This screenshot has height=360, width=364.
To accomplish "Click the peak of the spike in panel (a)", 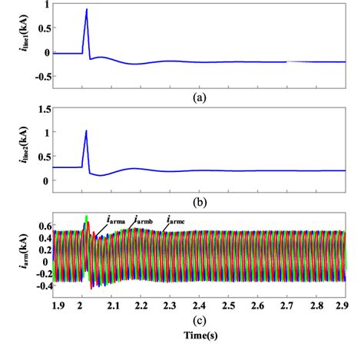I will point(87,10).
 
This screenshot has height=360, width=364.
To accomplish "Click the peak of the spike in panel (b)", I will point(87,130).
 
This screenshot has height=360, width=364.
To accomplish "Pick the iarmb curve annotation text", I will point(147,220).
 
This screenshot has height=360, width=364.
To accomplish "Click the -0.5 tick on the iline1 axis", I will point(35,76).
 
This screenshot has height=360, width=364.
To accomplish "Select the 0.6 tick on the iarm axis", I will point(38,226).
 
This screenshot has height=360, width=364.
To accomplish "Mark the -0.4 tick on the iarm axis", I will point(37,285).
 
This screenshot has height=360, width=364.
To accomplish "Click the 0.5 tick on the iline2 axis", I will point(37,157).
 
